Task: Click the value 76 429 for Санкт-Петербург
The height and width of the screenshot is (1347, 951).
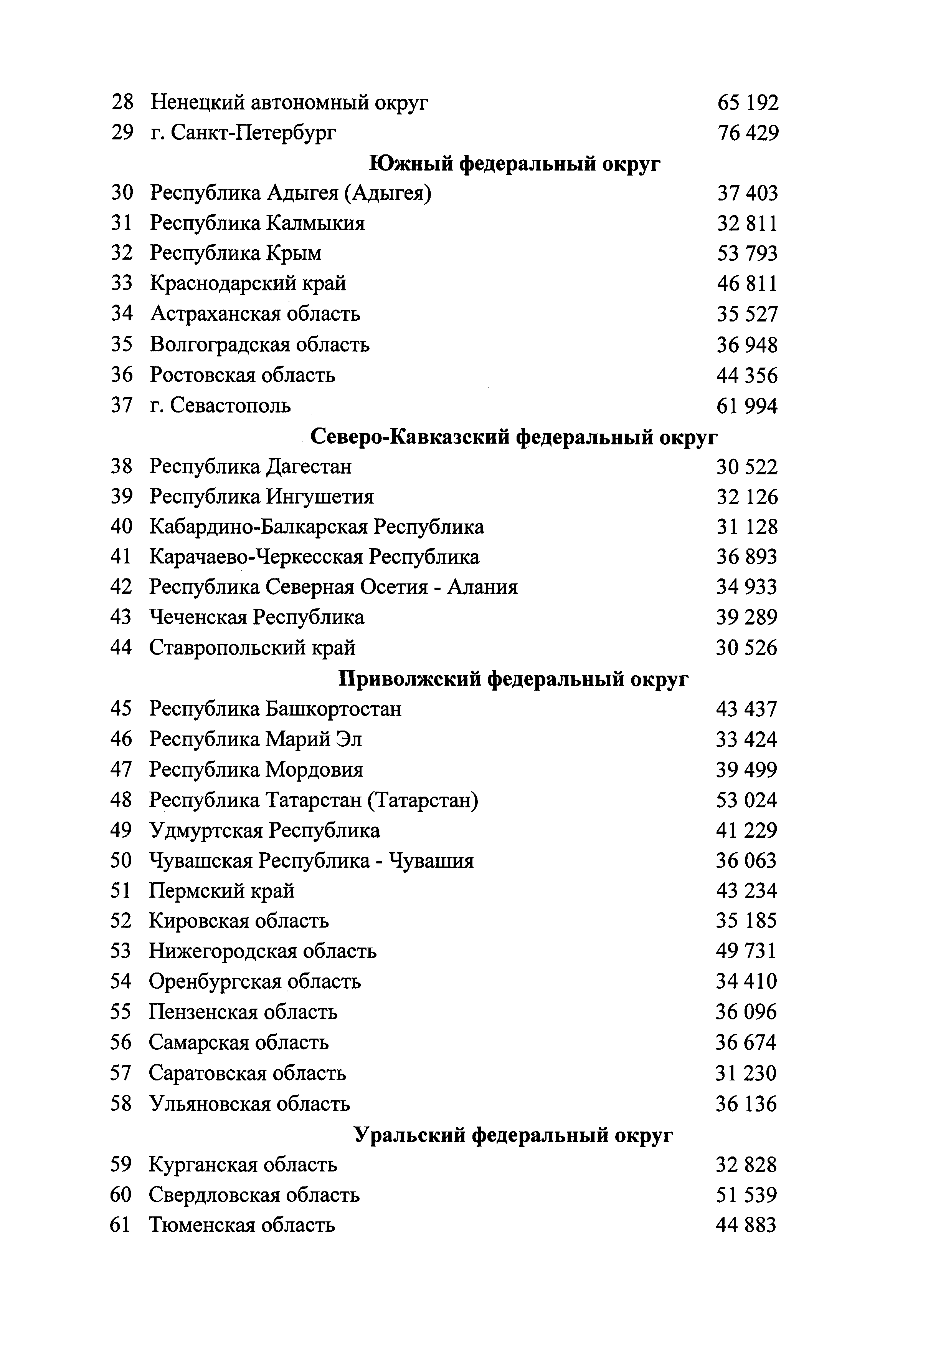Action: [748, 134]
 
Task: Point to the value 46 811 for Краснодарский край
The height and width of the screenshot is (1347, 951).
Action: [747, 284]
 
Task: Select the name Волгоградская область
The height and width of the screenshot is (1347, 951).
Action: [260, 345]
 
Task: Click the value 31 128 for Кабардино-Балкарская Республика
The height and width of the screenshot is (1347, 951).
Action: [747, 527]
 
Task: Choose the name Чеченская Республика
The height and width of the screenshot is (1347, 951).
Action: [257, 617]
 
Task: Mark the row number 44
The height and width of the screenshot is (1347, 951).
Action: [121, 648]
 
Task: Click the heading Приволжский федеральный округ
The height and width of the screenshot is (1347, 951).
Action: [513, 679]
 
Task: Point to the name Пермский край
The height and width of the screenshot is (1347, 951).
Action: [221, 891]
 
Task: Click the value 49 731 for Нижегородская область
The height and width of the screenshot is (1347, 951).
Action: [746, 951]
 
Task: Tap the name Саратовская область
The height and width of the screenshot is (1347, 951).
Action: [248, 1074]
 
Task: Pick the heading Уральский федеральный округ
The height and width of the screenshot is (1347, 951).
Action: [513, 1135]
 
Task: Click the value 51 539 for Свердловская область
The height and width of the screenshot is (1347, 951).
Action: [746, 1195]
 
